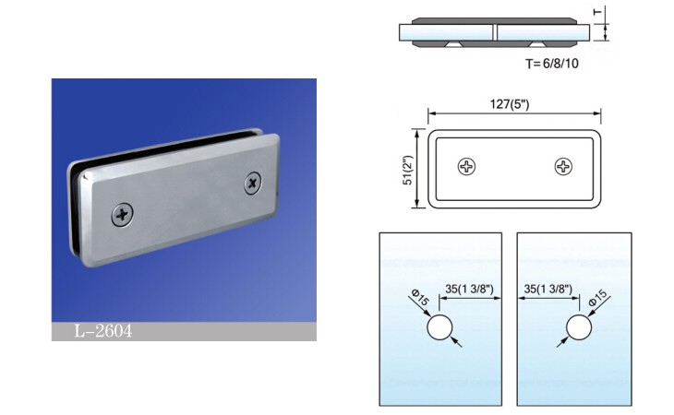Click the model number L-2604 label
click(103, 331)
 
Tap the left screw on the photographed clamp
click(123, 214)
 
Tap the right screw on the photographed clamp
click(253, 184)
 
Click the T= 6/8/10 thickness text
click(552, 64)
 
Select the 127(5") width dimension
click(510, 104)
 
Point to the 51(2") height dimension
click(407, 170)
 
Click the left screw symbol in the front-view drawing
click(466, 167)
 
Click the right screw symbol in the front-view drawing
click(563, 167)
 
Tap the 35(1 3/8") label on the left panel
click(469, 289)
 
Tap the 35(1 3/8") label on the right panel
click(548, 289)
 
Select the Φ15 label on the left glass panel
click(420, 297)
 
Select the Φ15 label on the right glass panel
click(598, 297)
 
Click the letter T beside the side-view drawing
click(597, 12)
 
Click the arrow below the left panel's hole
click(457, 342)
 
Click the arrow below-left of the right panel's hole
click(562, 341)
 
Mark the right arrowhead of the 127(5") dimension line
click(597, 113)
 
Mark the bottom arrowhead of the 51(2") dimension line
click(416, 205)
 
